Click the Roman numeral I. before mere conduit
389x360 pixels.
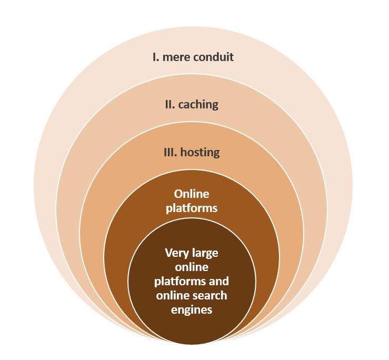156,57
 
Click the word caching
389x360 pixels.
198,105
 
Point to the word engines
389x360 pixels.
192,309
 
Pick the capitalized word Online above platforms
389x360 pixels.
192,194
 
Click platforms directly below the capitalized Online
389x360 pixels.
192,208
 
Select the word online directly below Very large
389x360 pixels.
192,266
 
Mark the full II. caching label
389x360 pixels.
191,104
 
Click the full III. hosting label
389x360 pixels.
191,153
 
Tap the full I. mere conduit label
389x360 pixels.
193,57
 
